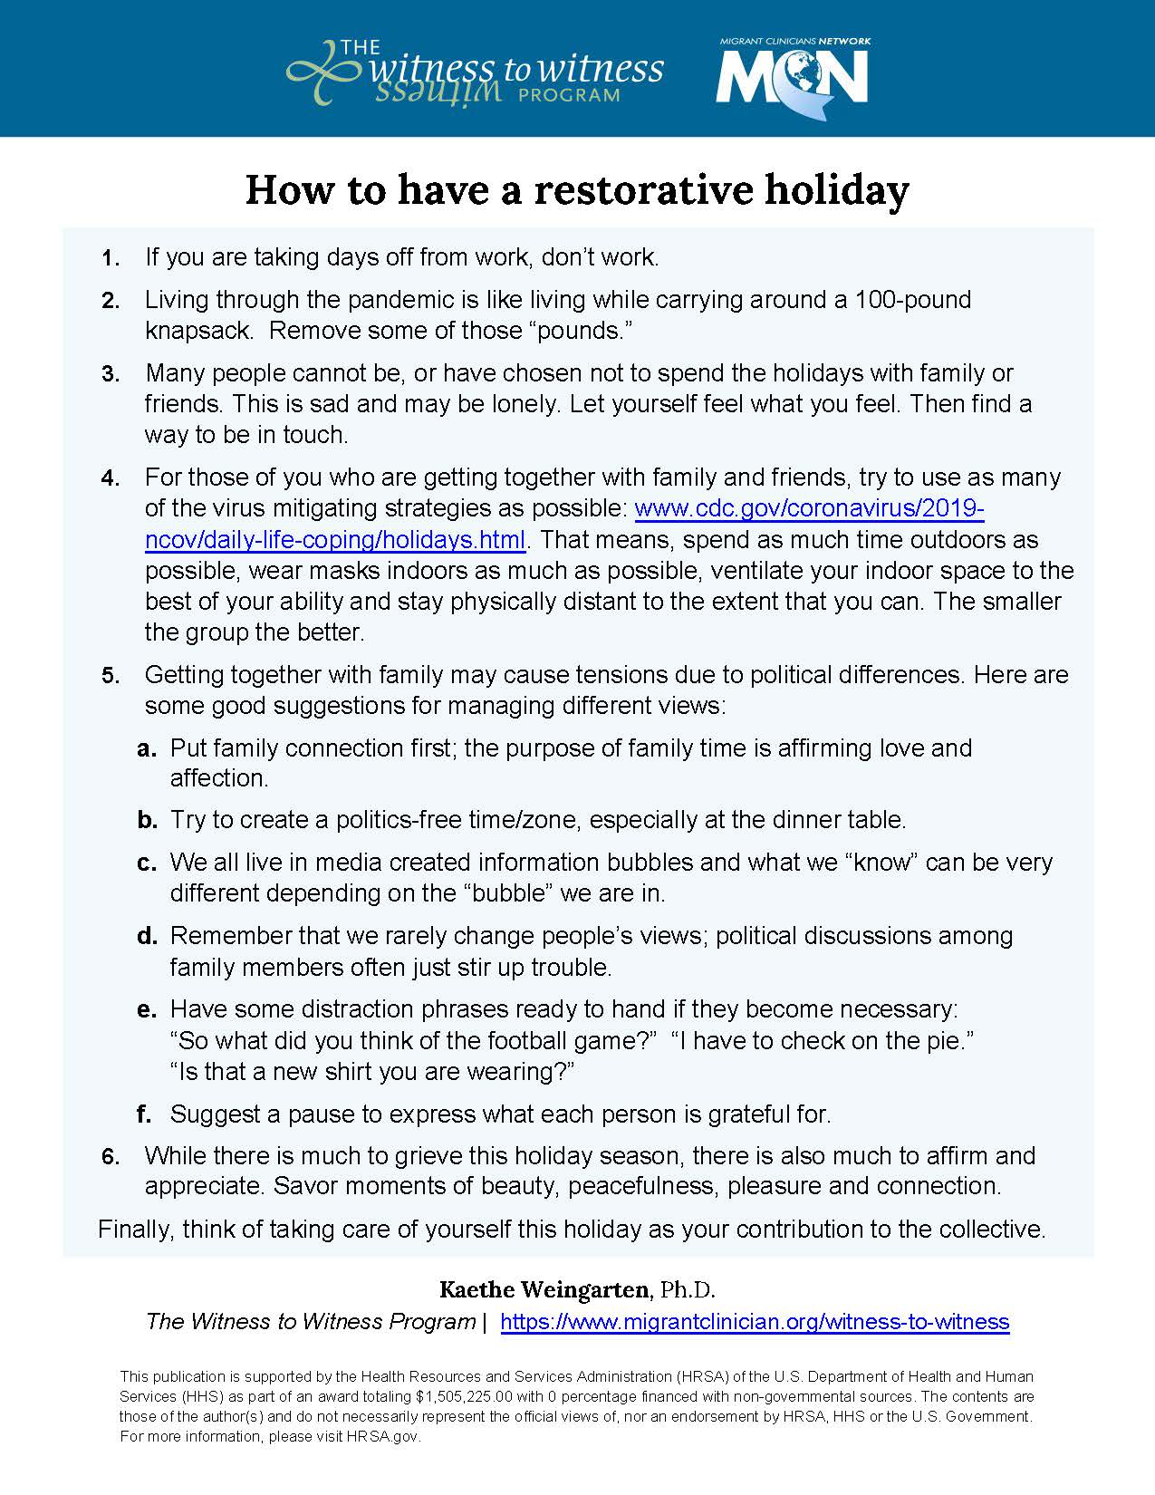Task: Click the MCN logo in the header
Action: tap(793, 78)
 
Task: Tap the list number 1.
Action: tap(111, 259)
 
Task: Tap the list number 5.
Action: tap(111, 676)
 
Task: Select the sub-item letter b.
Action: tap(147, 821)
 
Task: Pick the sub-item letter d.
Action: tap(147, 936)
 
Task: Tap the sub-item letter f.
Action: tap(145, 1114)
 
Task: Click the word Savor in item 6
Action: tap(309, 1185)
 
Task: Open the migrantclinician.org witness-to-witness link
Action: tap(755, 1322)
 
